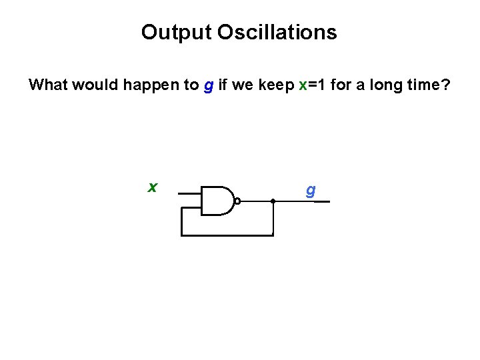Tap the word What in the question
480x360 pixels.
point(49,85)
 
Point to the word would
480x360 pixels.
point(91,85)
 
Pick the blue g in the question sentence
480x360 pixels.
point(208,87)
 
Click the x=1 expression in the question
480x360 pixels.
point(313,85)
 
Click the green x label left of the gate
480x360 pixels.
point(153,187)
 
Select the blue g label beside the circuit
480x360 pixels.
point(310,191)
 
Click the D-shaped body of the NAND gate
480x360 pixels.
point(217,200)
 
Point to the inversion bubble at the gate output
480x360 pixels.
point(237,200)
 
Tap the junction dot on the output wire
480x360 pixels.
point(273,200)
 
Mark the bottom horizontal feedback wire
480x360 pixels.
point(227,235)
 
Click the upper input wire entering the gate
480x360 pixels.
point(190,193)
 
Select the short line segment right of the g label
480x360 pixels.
point(322,201)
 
